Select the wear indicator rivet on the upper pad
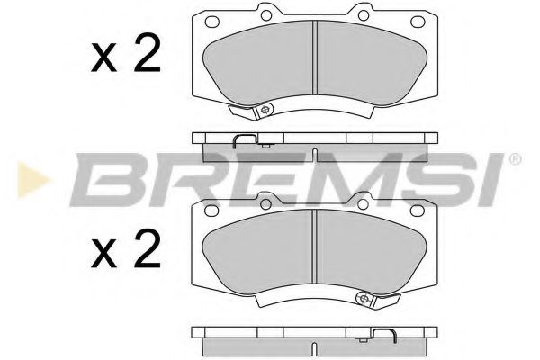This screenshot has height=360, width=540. pyautogui.click(x=267, y=111)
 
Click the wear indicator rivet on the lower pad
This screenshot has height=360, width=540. pyautogui.click(x=362, y=303)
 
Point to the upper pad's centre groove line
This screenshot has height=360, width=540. pyautogui.click(x=314, y=58)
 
